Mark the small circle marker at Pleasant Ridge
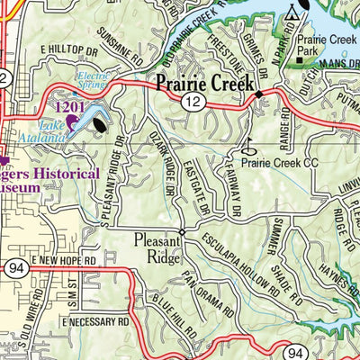coord(181,232)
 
